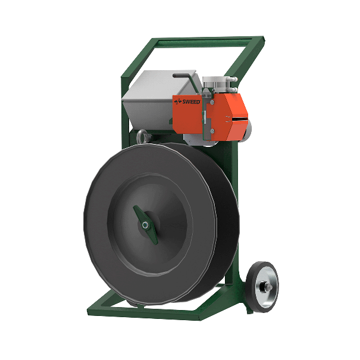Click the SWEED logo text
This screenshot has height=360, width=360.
coord(187,102)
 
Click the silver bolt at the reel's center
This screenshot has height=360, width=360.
coord(145,225)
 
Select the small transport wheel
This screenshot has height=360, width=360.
coord(262,287)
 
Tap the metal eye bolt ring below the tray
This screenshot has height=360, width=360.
coord(140,136)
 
